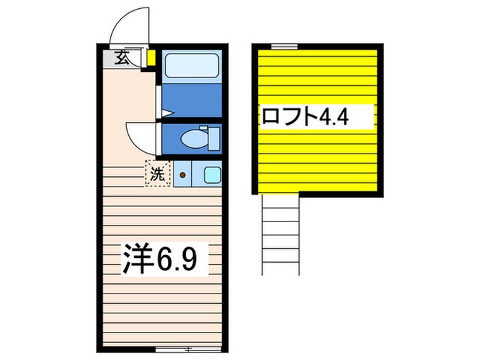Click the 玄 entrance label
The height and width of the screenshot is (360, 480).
click(121, 58)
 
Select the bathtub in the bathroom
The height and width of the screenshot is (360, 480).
click(191, 66)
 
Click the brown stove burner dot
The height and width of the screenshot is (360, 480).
click(182, 175)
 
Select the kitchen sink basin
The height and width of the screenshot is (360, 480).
click(211, 175)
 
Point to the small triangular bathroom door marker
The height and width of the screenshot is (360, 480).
click(165, 112)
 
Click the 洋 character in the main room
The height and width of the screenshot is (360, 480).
click(136, 259)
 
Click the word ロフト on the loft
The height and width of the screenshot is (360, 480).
click(289, 115)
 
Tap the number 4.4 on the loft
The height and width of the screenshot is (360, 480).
click(334, 115)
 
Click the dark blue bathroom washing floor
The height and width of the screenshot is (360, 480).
click(191, 100)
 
